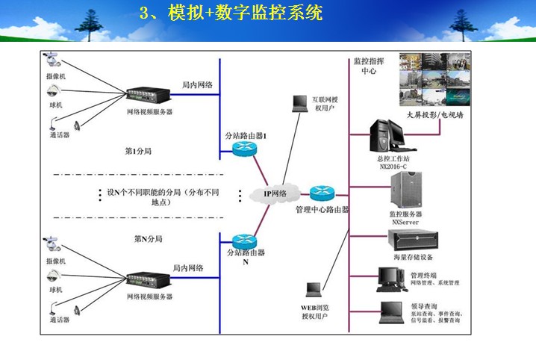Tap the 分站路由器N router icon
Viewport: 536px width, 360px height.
[x=244, y=241]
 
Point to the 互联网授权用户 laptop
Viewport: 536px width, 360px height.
[x=299, y=103]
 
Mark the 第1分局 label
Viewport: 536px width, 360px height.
[x=139, y=152]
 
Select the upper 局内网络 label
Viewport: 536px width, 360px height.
[x=197, y=85]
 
